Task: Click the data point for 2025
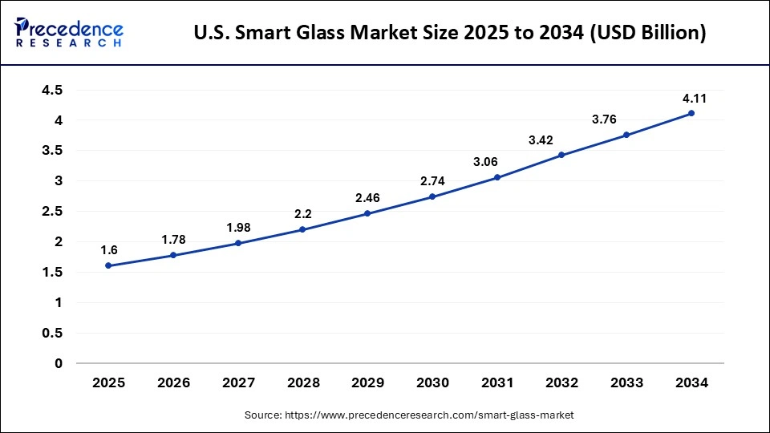108,265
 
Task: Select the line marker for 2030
432,196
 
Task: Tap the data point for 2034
691,113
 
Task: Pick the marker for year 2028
302,229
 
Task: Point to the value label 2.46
368,197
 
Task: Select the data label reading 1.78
174,239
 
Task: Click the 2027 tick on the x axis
238,383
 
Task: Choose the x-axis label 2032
562,383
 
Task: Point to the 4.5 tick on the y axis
52,90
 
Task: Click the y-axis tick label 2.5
52,211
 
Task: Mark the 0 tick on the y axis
59,363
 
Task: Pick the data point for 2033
626,135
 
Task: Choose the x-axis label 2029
368,383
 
